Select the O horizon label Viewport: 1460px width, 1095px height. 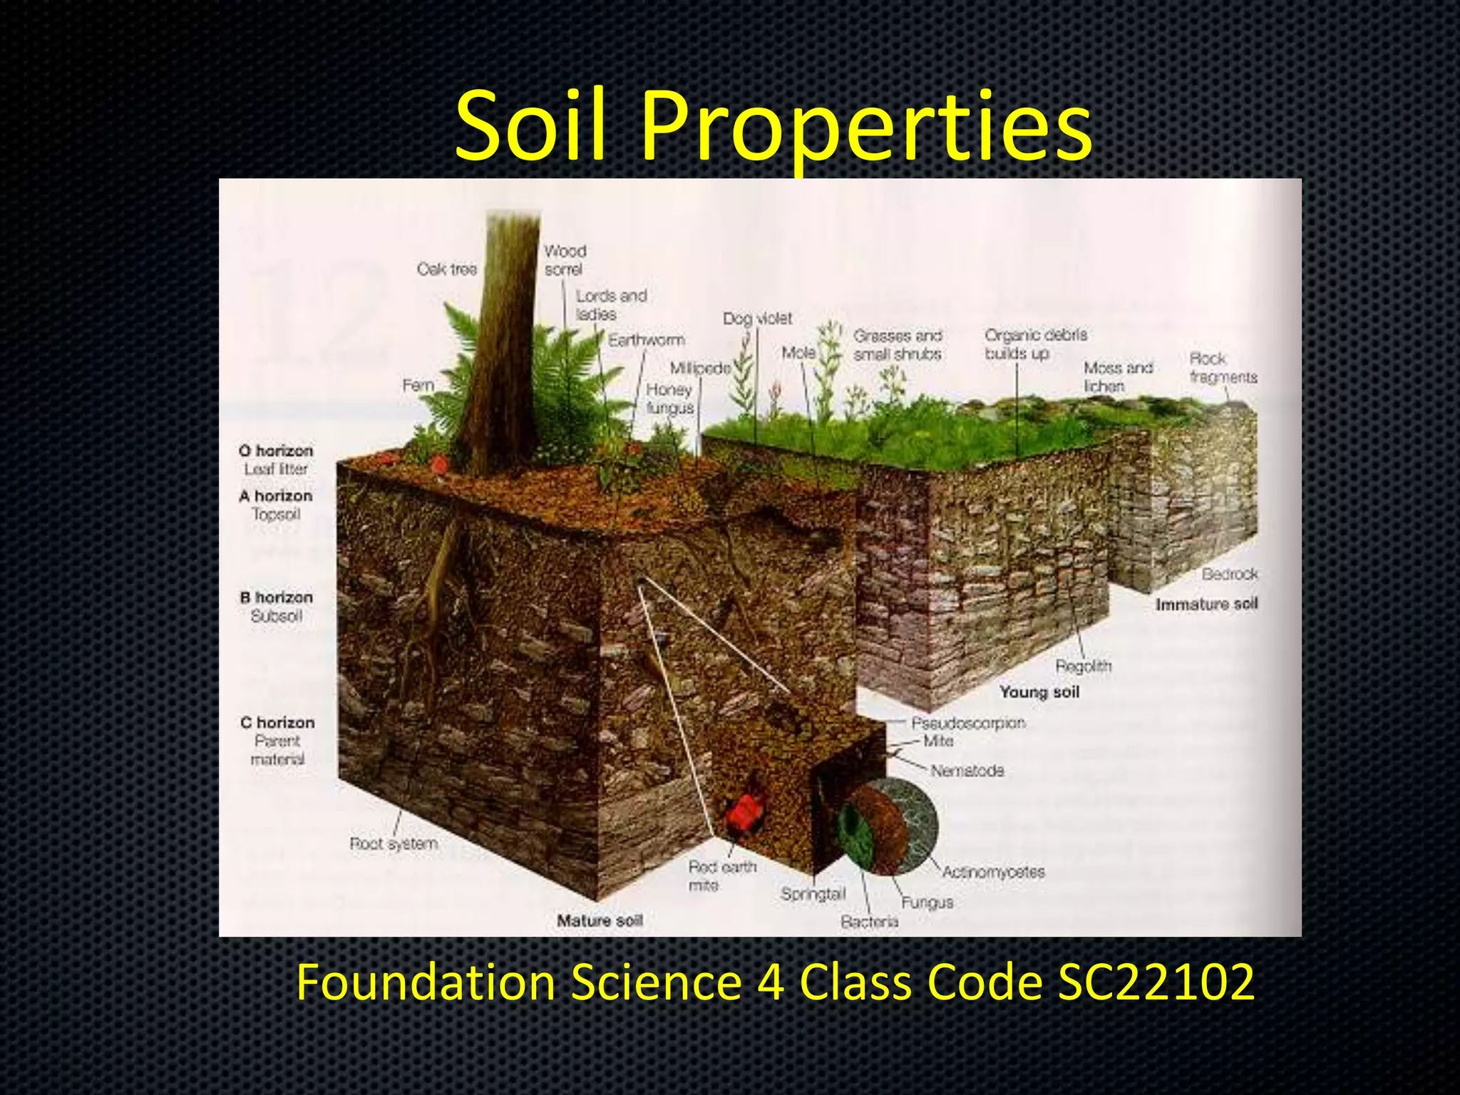(277, 451)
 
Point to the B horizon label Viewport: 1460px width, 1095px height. (277, 597)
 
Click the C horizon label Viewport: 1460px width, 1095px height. (277, 722)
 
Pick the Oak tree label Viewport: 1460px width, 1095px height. (447, 269)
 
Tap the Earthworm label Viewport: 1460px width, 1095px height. (647, 340)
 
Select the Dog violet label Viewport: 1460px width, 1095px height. (757, 319)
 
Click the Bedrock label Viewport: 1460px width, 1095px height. (1230, 574)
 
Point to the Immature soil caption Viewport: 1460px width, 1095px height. (1206, 605)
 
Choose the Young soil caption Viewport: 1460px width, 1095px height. (1039, 692)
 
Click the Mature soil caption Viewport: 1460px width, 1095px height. (600, 920)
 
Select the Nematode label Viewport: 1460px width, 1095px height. (967, 771)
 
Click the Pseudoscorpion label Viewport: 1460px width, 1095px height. (968, 723)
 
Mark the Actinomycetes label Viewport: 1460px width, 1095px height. (993, 872)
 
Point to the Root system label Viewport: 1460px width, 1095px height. (394, 844)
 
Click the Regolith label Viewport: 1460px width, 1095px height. (1083, 667)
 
